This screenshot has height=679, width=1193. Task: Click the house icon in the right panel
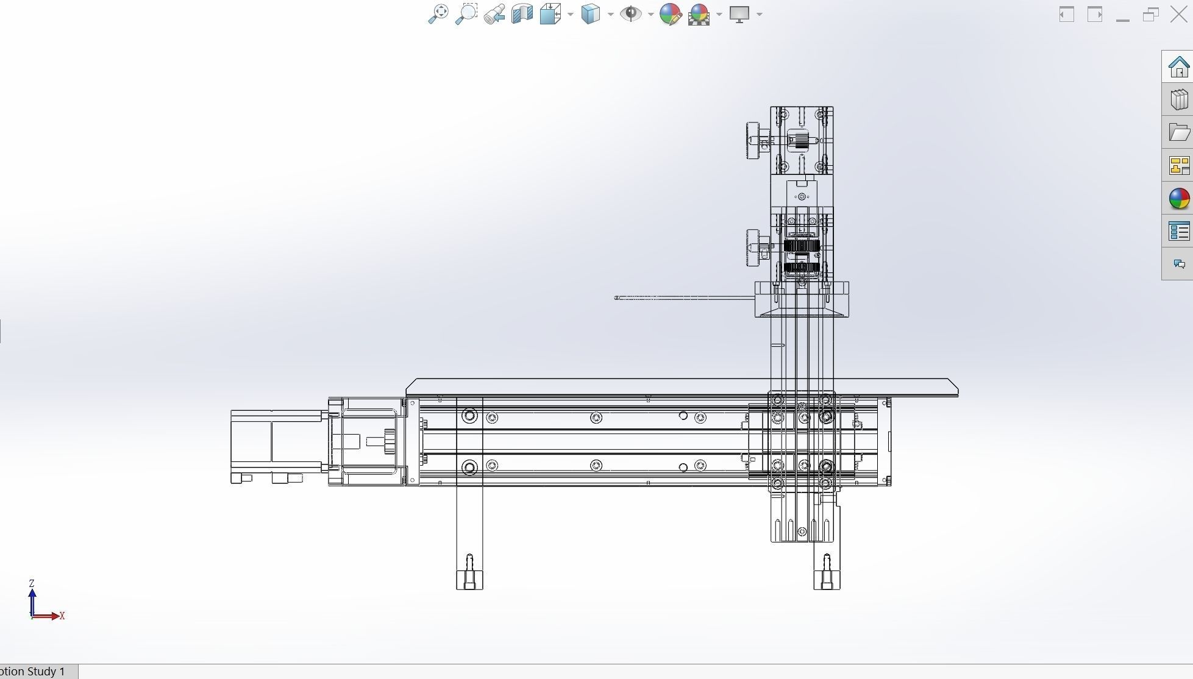(x=1178, y=66)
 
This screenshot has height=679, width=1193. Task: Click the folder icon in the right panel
(x=1179, y=132)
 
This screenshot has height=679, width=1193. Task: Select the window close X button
(x=1179, y=14)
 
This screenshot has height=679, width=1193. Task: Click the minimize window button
(x=1122, y=15)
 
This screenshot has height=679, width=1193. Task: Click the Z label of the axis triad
(x=32, y=583)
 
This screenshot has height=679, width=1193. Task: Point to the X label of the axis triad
(x=62, y=616)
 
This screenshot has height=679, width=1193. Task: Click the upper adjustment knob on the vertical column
(x=753, y=141)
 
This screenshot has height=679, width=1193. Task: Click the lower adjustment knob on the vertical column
(x=753, y=247)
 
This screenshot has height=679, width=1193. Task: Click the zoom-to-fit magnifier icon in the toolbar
(x=438, y=14)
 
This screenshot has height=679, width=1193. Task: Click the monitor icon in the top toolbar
(x=739, y=14)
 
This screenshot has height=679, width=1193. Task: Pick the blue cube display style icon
(x=590, y=14)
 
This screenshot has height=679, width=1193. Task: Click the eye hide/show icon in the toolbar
(x=630, y=14)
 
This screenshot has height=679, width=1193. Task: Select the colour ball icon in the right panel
(x=1179, y=198)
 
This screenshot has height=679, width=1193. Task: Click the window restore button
(x=1150, y=14)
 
